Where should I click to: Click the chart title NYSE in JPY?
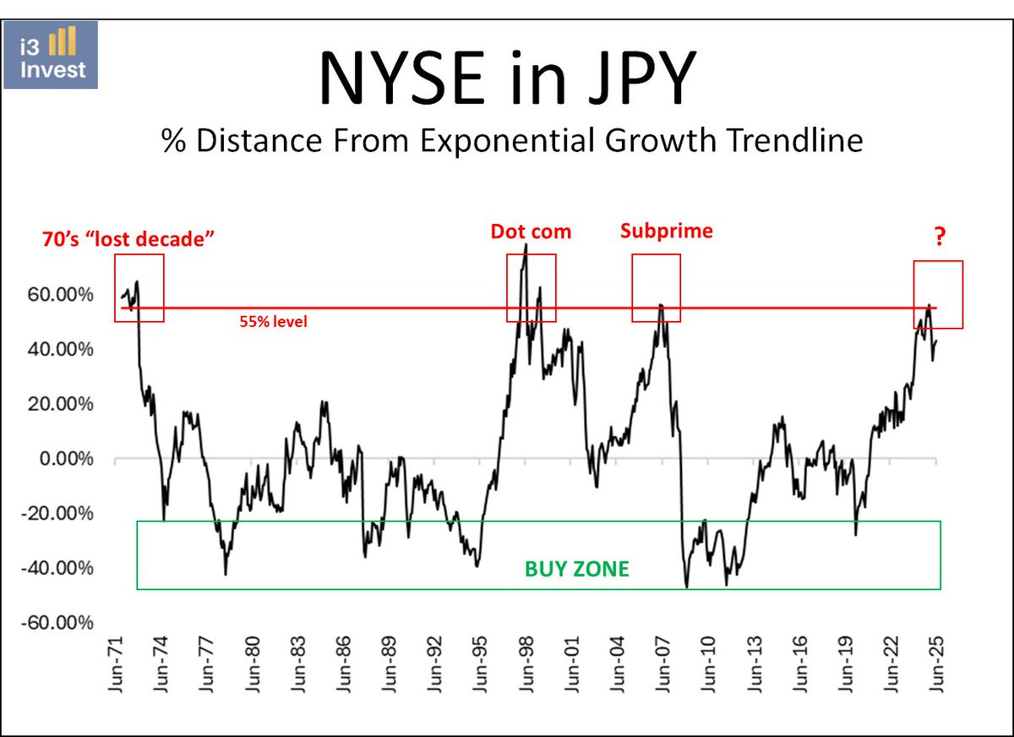(x=507, y=79)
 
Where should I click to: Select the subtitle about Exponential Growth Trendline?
(x=512, y=140)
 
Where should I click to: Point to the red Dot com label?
(x=531, y=231)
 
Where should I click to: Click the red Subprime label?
(x=666, y=231)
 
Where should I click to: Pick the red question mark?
(x=939, y=239)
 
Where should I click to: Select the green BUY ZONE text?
(x=577, y=569)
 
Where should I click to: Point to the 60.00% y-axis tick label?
(x=60, y=295)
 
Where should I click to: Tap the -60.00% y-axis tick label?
(x=57, y=623)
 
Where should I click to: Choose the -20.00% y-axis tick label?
(x=57, y=514)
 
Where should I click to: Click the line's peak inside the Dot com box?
(x=526, y=244)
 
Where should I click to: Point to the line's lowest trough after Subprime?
(x=687, y=587)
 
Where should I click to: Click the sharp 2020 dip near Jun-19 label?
(x=856, y=535)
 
